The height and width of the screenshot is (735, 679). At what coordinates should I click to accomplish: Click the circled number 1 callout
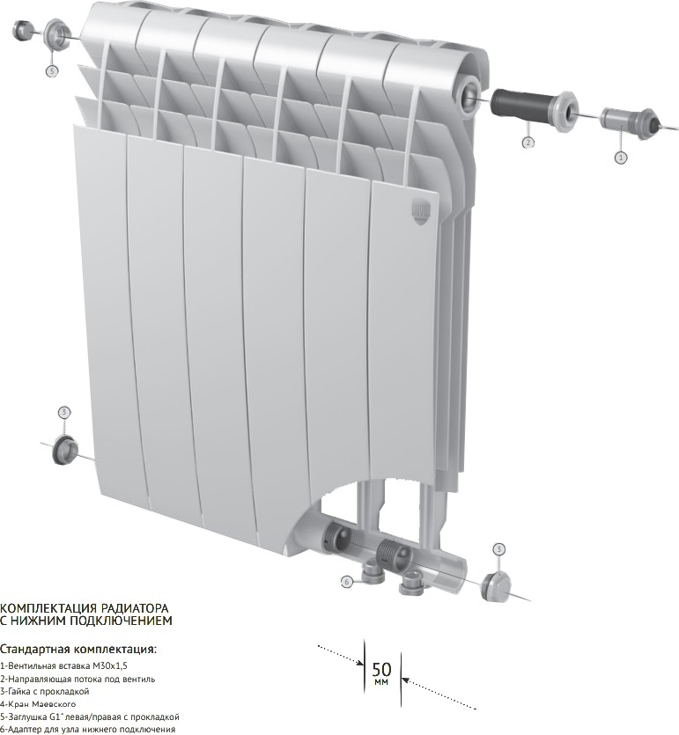coord(620,158)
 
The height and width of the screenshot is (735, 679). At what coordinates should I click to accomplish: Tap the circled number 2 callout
coord(528,142)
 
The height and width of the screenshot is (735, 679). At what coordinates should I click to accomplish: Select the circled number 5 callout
coord(52,71)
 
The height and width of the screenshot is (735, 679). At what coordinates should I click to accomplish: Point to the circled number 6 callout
coord(346,582)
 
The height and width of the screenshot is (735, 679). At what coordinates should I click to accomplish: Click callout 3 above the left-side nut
coord(64,413)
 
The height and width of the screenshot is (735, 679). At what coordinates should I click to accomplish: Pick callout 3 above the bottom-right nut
coord(499,549)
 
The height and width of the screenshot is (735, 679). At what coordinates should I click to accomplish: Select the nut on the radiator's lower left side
coord(64,450)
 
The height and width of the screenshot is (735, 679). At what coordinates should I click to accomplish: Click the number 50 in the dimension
coord(381,669)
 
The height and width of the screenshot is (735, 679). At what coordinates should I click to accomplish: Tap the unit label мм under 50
coord(381,682)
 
